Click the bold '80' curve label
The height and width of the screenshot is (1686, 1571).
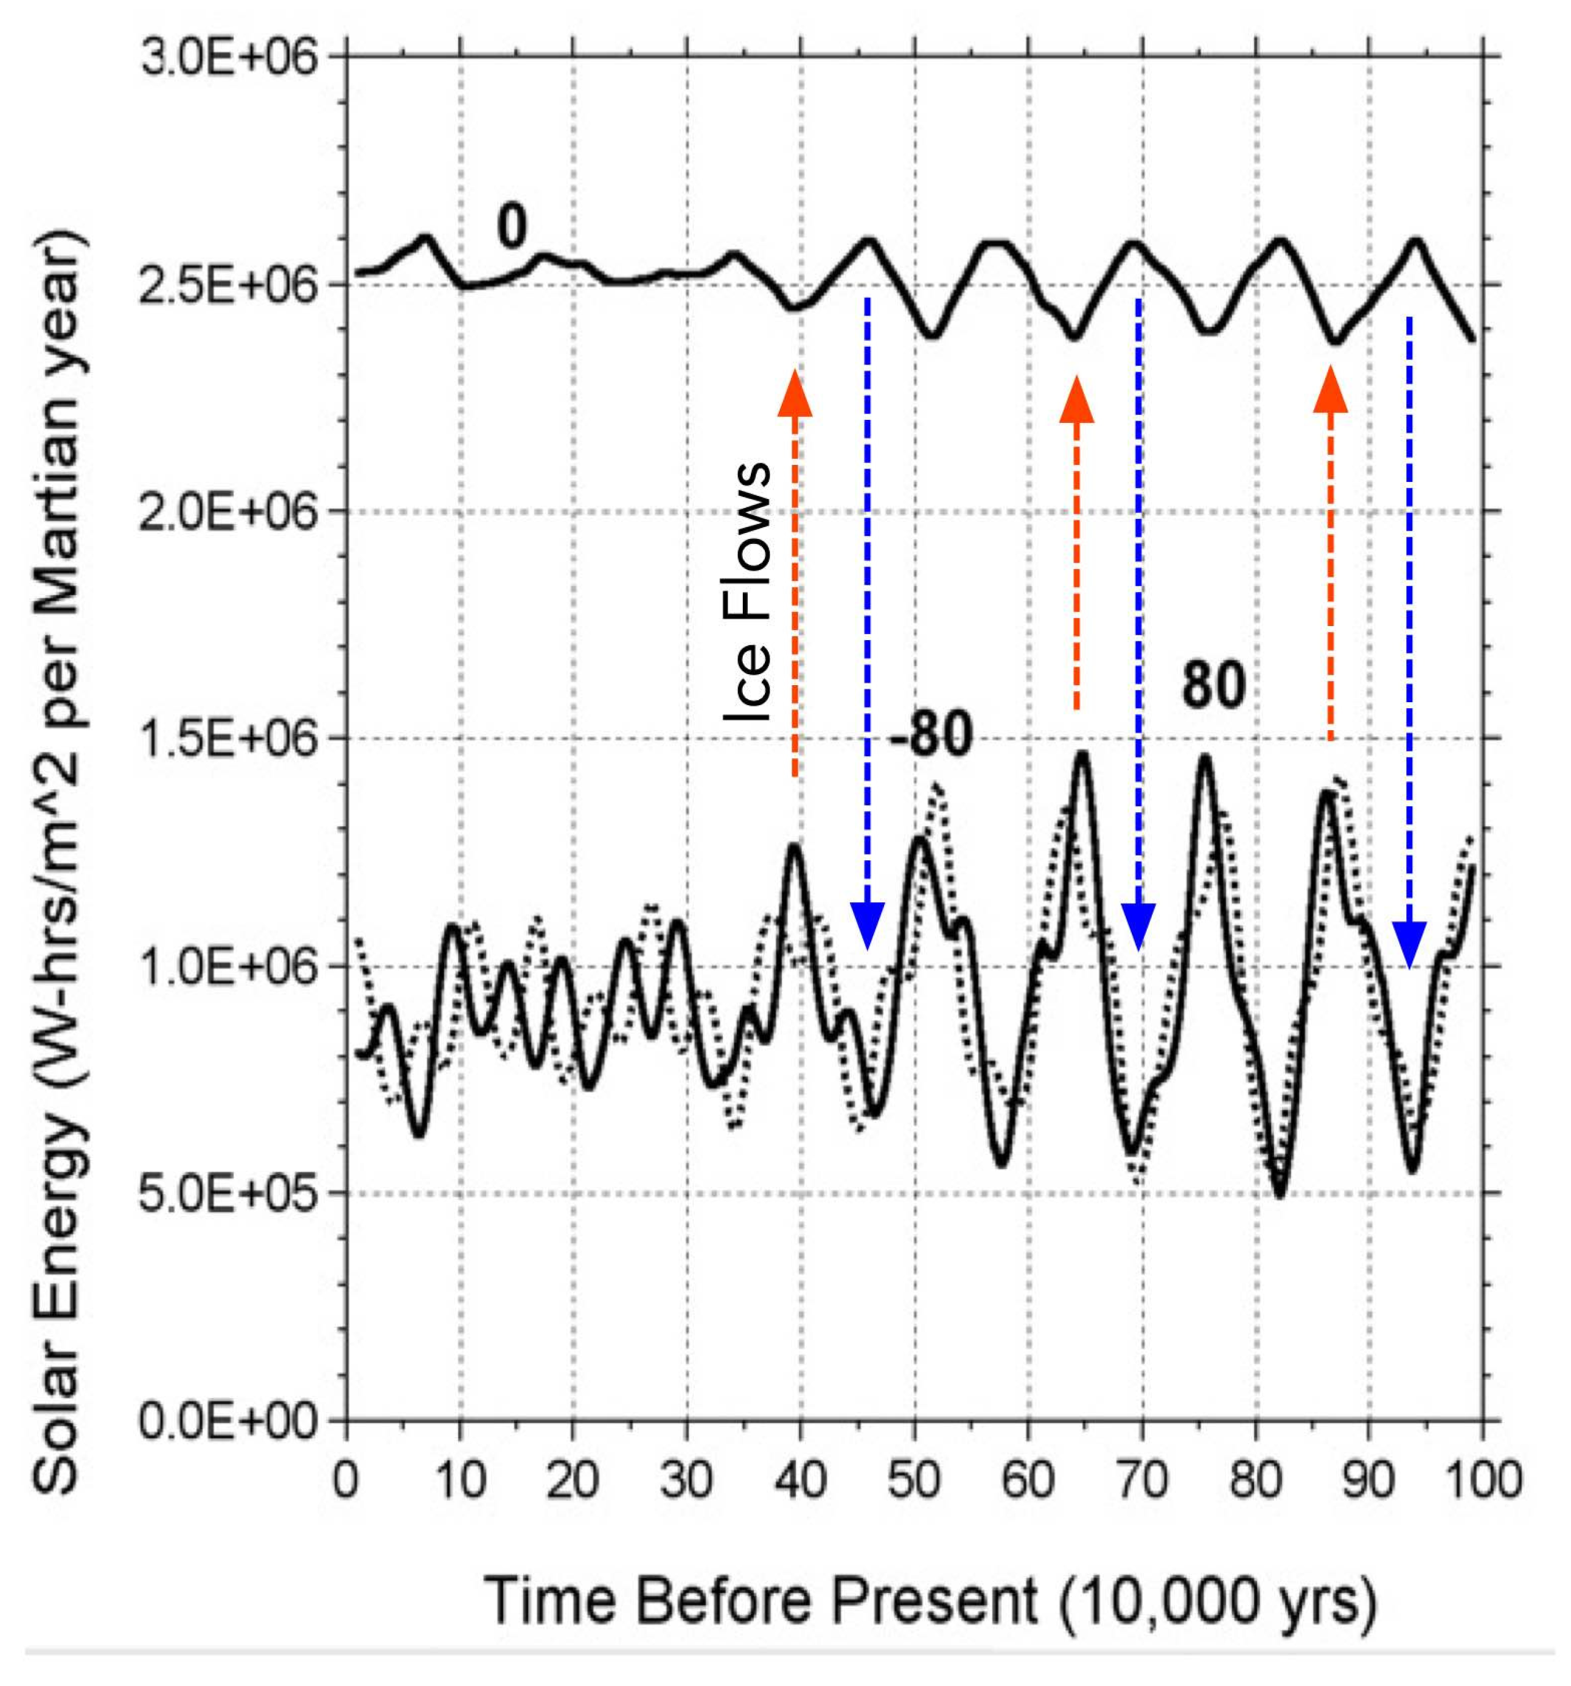coord(1214,685)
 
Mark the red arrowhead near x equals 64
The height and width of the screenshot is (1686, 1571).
coord(1076,399)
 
